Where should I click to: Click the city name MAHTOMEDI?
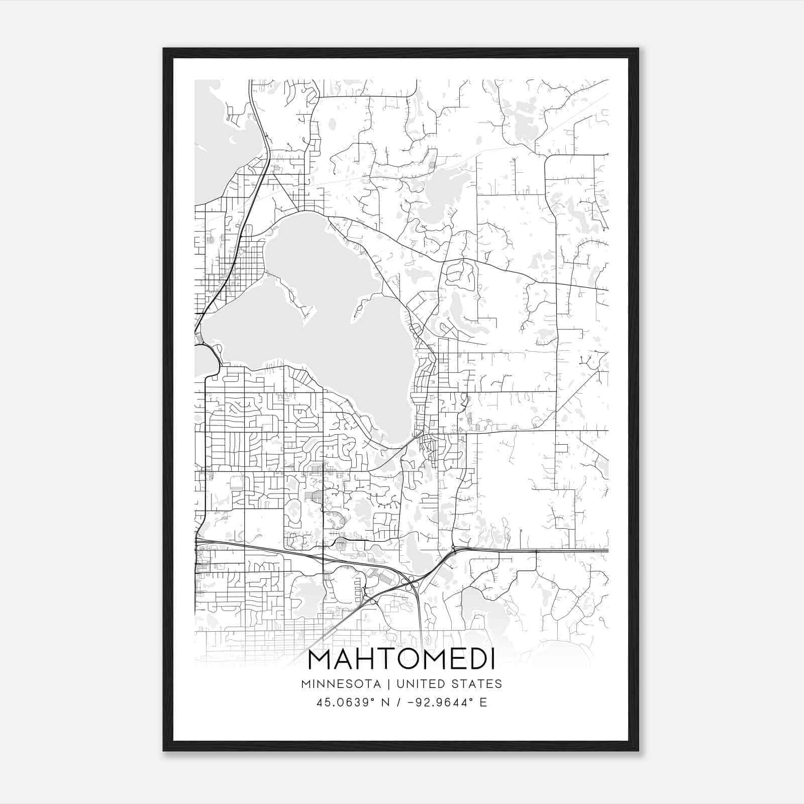click(401, 659)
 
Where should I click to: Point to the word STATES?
click(476, 684)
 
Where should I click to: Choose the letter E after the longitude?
click(483, 702)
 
